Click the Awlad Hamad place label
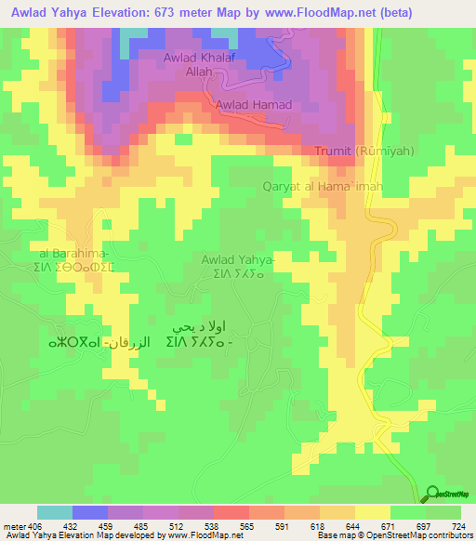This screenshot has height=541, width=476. pyautogui.click(x=254, y=105)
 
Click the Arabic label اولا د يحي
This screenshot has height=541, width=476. pyautogui.click(x=211, y=326)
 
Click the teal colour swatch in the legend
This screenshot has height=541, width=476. pyautogui.click(x=55, y=512)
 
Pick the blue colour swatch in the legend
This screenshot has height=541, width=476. pyautogui.click(x=90, y=512)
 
